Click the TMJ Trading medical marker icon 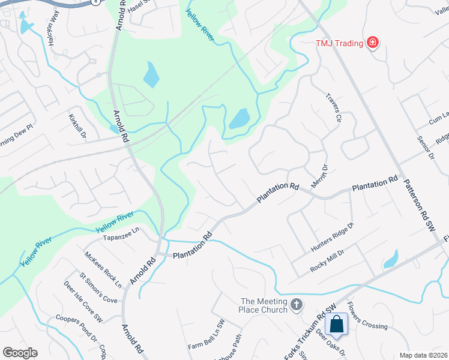tap(373, 42)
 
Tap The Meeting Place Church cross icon tap(296, 305)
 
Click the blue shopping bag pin tap(337, 325)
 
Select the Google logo tap(20, 353)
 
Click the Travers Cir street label tap(333, 107)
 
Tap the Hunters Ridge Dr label tap(333, 237)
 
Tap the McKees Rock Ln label tap(103, 269)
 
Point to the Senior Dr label tap(425, 148)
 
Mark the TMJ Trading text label tap(339, 43)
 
